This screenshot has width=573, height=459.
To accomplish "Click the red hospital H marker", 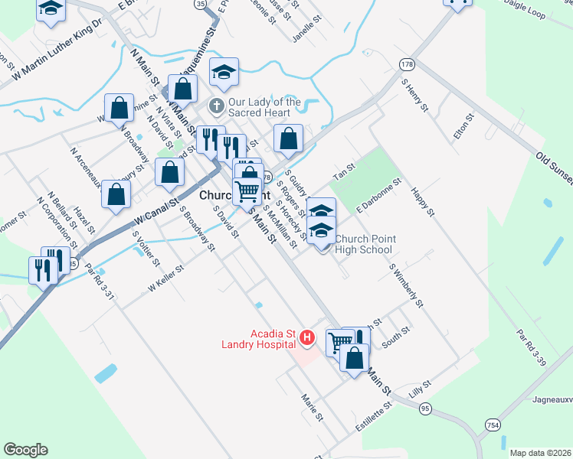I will click(x=307, y=336).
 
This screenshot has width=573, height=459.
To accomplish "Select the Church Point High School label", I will click(x=365, y=244).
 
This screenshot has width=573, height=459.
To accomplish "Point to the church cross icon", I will click(x=216, y=105).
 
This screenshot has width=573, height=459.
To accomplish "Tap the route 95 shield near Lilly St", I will click(x=424, y=409).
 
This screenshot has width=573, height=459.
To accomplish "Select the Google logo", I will click(x=25, y=449).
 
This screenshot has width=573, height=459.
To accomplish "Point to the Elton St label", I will click(x=464, y=125).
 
